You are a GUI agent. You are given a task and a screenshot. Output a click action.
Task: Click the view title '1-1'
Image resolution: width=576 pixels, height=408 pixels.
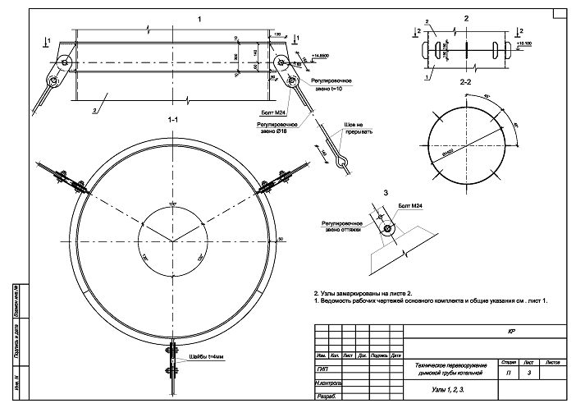(173, 120)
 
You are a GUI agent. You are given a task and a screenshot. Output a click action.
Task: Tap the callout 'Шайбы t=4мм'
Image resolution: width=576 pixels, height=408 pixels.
(204, 356)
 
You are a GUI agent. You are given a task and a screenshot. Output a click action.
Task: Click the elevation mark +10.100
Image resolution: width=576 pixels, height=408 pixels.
(524, 43)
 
